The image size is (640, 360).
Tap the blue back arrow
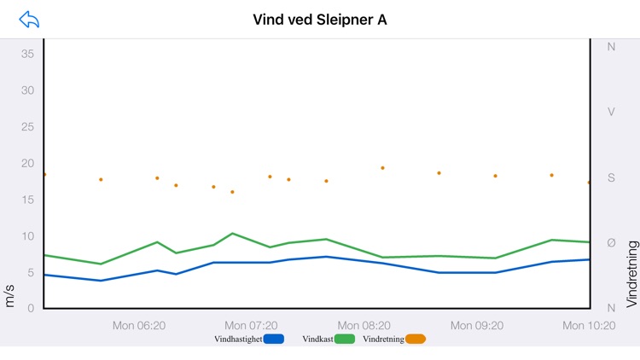coord(29,20)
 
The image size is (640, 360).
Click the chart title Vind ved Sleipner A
coord(320,20)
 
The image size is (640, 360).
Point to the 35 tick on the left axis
coord(27,54)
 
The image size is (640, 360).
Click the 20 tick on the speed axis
coord(27,163)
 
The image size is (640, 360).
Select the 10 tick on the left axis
coord(27,236)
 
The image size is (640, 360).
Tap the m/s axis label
coord(10,296)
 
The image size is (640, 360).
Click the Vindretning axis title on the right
coord(631,273)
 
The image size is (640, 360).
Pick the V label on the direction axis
coord(611,112)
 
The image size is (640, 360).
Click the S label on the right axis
coord(611,177)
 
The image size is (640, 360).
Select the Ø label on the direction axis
coord(611,243)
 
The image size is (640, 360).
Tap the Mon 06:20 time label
coord(139,325)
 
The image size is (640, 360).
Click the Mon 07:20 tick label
coord(251,325)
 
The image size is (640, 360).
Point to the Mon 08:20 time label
coord(364,325)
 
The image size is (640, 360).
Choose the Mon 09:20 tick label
coord(477,325)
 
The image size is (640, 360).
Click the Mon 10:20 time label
coord(589,325)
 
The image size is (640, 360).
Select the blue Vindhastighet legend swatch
coord(274,339)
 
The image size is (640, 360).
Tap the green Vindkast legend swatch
coord(345,339)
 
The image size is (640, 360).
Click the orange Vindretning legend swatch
coord(416,339)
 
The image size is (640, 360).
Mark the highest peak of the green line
coord(232,233)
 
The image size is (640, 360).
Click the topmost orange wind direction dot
coord(382,168)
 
